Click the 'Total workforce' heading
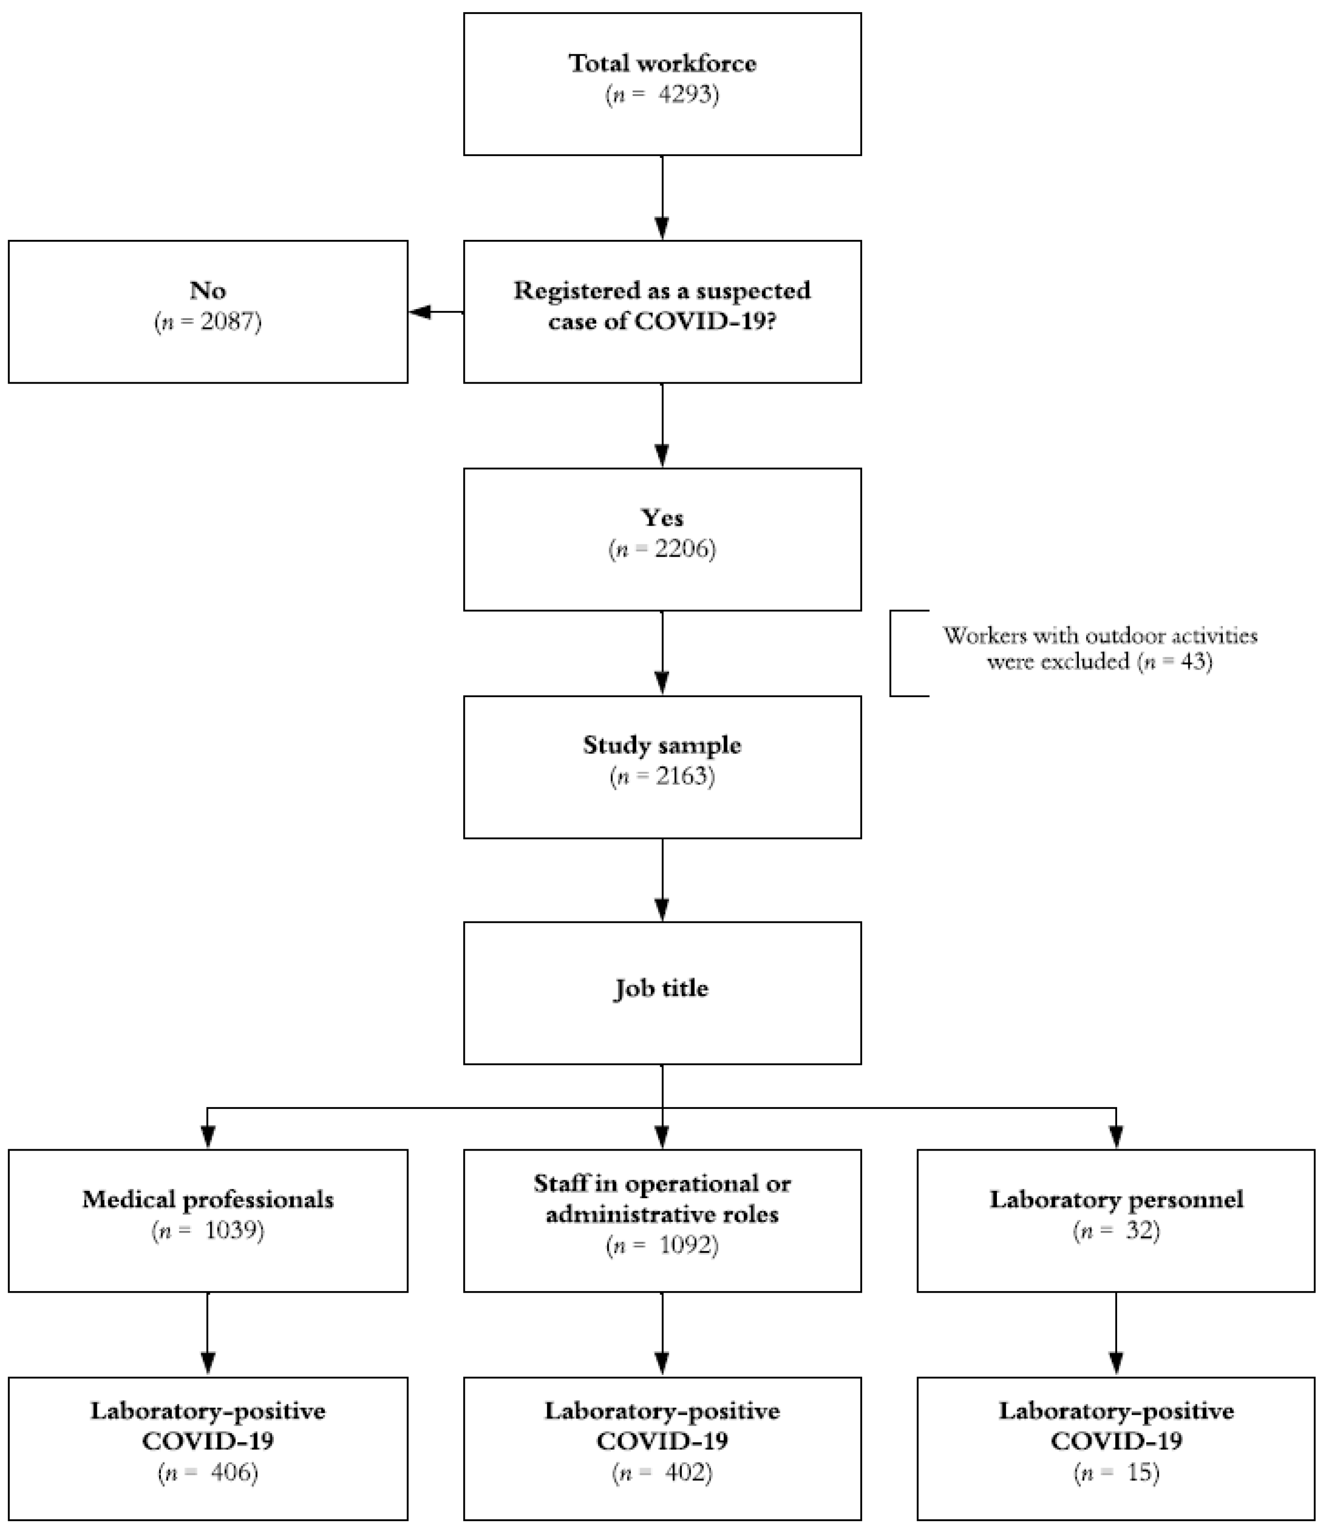(x=662, y=63)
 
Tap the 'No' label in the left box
(x=207, y=291)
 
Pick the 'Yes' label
(x=662, y=518)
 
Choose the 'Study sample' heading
(x=662, y=745)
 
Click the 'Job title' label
(x=662, y=989)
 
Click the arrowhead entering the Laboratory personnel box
(x=1116, y=1136)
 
